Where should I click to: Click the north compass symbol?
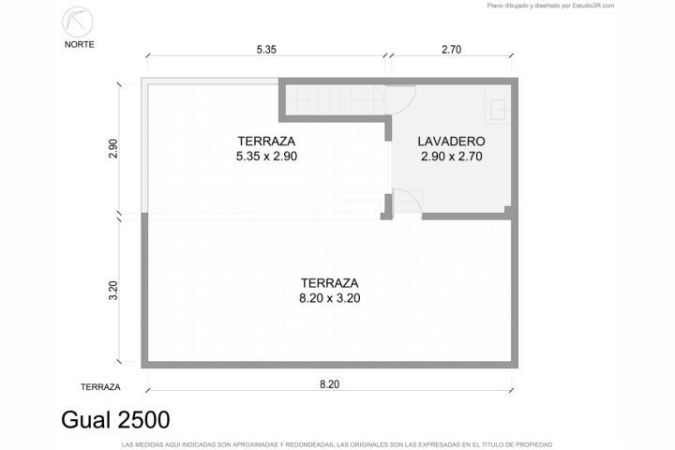point(78,22)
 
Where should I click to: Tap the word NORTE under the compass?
point(79,44)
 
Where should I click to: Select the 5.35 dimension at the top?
point(266,50)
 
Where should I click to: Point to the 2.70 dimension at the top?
point(451,50)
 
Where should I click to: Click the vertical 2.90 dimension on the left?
point(113,148)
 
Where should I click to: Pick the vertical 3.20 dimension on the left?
point(113,291)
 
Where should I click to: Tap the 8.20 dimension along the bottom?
point(329,384)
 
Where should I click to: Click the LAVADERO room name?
point(451,142)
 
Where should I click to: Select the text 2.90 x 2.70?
point(451,157)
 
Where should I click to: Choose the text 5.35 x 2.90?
point(266,157)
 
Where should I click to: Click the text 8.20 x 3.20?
point(330,298)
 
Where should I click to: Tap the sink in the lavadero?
point(499,111)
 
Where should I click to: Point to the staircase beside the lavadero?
point(336,100)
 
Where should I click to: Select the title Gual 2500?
point(115,419)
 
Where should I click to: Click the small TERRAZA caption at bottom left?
point(100,387)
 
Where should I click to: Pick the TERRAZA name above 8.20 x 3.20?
point(329,283)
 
